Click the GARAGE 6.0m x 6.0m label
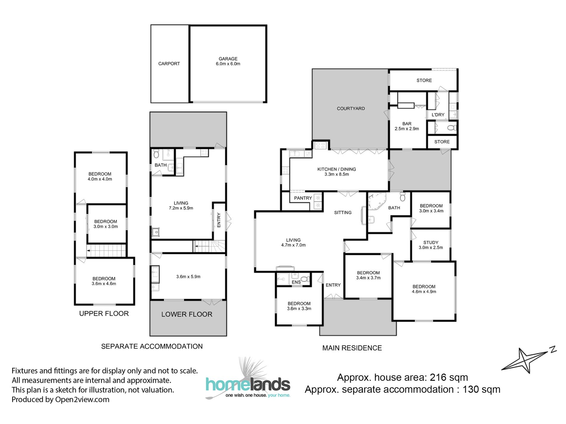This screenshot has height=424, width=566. click(x=228, y=61)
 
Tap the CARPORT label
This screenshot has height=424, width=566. click(x=169, y=64)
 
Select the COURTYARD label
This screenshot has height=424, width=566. click(x=351, y=109)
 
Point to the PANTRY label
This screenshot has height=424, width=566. click(x=303, y=198)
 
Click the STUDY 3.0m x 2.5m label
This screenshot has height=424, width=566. click(x=431, y=245)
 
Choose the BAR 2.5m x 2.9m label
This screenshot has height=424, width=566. click(x=407, y=126)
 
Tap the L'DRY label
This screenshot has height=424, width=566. click(x=438, y=115)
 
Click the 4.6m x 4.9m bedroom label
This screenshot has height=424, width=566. click(x=424, y=289)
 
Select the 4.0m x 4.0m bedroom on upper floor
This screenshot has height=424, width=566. click(x=100, y=176)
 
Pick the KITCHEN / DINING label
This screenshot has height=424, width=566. click(x=337, y=171)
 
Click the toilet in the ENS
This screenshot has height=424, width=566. click(x=305, y=279)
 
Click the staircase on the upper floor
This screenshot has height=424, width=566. click(x=107, y=251)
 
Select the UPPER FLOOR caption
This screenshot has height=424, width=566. click(x=104, y=314)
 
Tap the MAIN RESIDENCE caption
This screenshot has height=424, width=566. click(x=352, y=348)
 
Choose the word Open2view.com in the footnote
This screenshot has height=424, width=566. click(x=82, y=400)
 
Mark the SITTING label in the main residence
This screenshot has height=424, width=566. click(x=343, y=213)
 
